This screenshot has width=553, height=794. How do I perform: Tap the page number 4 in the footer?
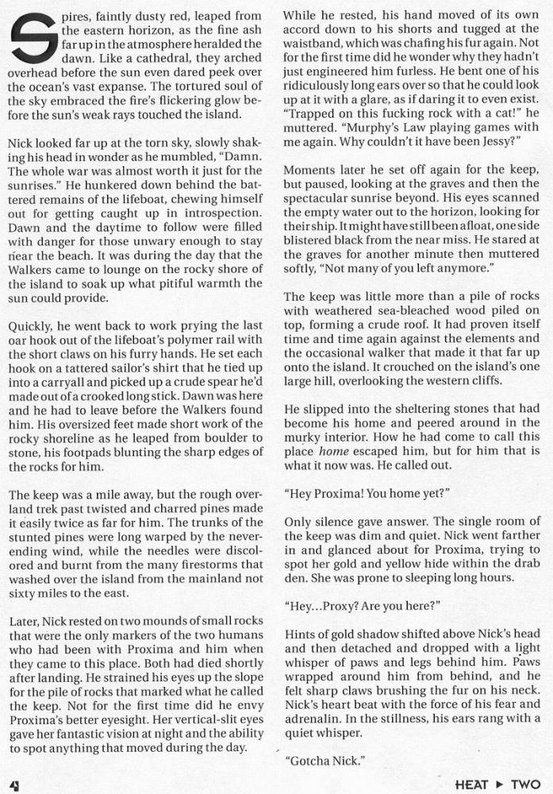coord(13,783)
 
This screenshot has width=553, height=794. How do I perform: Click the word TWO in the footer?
coord(525,783)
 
